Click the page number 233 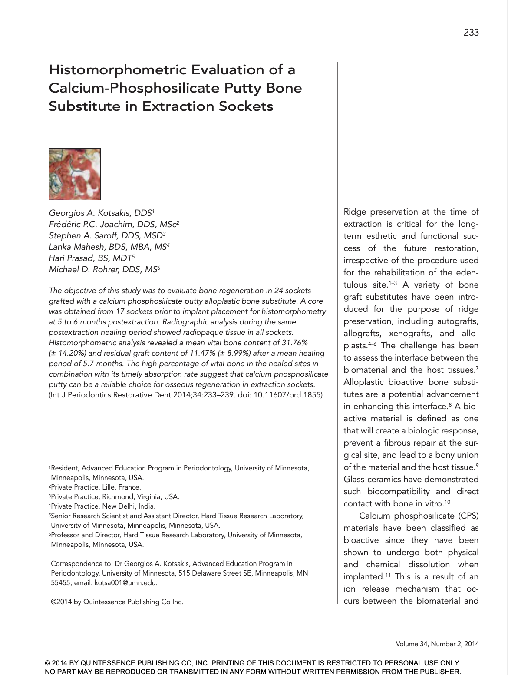[x=471, y=32]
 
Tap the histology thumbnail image [x=75, y=174]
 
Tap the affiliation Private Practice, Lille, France [x=96, y=487]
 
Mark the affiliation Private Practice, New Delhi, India [x=103, y=506]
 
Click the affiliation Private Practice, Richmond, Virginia [x=115, y=497]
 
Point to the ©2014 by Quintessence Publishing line [x=117, y=602]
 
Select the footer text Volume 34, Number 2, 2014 [x=437, y=644]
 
